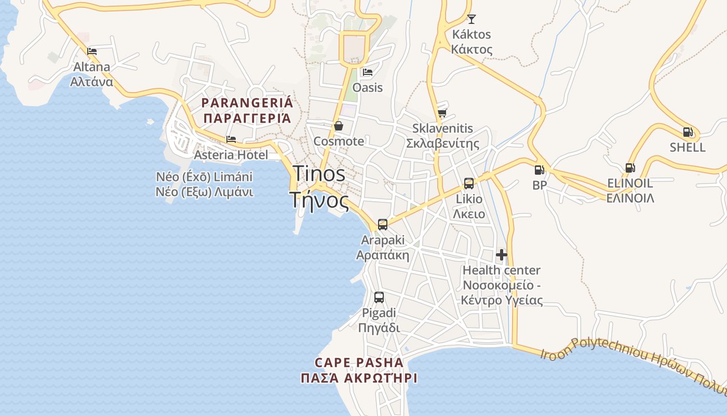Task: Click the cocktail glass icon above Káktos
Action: point(472,19)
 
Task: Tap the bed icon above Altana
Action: point(92,51)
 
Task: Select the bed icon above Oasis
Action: point(368,72)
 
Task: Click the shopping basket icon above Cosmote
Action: point(339,126)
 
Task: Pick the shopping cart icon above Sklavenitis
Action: point(442,113)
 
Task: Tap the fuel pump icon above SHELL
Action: point(688,132)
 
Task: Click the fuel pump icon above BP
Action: point(539,170)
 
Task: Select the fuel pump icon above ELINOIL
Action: point(630,167)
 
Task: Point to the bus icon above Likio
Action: point(469,183)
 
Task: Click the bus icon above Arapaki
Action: point(383,225)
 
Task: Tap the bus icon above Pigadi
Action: point(379,297)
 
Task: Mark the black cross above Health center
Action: point(502,255)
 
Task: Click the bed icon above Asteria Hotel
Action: point(231,139)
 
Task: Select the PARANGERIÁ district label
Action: point(247,110)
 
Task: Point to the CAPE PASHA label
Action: point(359,370)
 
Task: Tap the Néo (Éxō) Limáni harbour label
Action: point(205,184)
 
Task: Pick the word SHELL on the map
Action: point(688,147)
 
